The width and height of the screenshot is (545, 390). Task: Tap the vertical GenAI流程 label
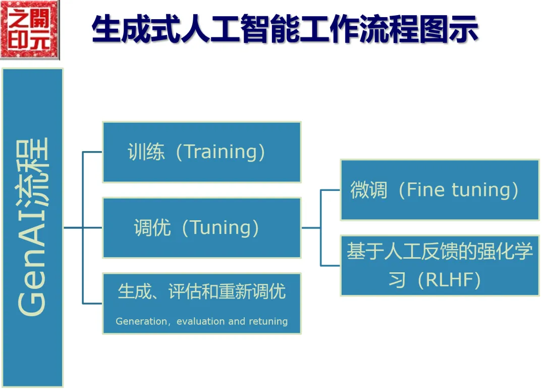(x=33, y=227)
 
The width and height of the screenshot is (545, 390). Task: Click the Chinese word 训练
(x=146, y=152)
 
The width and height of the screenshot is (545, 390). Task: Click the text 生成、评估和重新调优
(x=201, y=291)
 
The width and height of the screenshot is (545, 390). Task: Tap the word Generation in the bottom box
(x=141, y=321)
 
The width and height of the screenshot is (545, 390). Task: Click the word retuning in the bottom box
(x=268, y=321)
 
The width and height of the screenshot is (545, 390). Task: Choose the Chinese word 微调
(x=369, y=190)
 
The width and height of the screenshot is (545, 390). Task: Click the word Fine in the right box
(x=425, y=190)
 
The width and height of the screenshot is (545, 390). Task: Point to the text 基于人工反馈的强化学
(x=440, y=252)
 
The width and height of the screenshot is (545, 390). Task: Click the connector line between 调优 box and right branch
(x=311, y=228)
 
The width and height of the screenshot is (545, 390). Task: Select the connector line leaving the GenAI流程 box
(x=73, y=228)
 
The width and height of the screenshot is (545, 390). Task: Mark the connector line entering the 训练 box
(x=92, y=152)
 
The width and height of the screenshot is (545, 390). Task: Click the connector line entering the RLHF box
(x=331, y=265)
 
